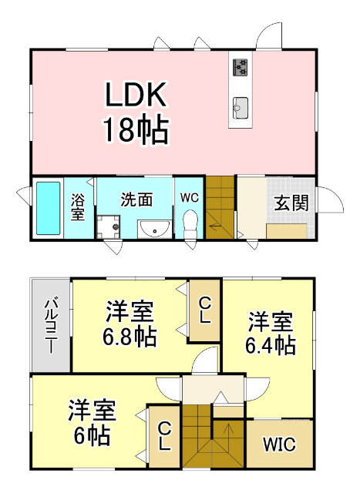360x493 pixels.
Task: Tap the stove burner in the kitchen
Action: point(240,67)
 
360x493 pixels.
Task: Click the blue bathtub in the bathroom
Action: point(48,209)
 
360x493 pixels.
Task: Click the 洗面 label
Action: point(135,198)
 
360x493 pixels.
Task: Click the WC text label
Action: point(190,197)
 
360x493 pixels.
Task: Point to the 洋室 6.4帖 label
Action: point(271,332)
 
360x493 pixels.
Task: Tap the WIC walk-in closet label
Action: point(278,445)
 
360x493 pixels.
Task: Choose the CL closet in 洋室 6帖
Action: point(164,436)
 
